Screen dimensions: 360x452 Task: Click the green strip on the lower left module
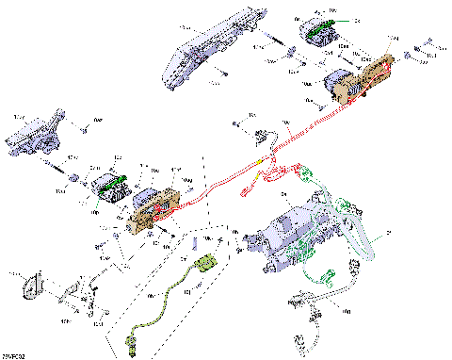111,185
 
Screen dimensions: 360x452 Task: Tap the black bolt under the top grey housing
226,74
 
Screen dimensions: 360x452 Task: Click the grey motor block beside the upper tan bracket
338,88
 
